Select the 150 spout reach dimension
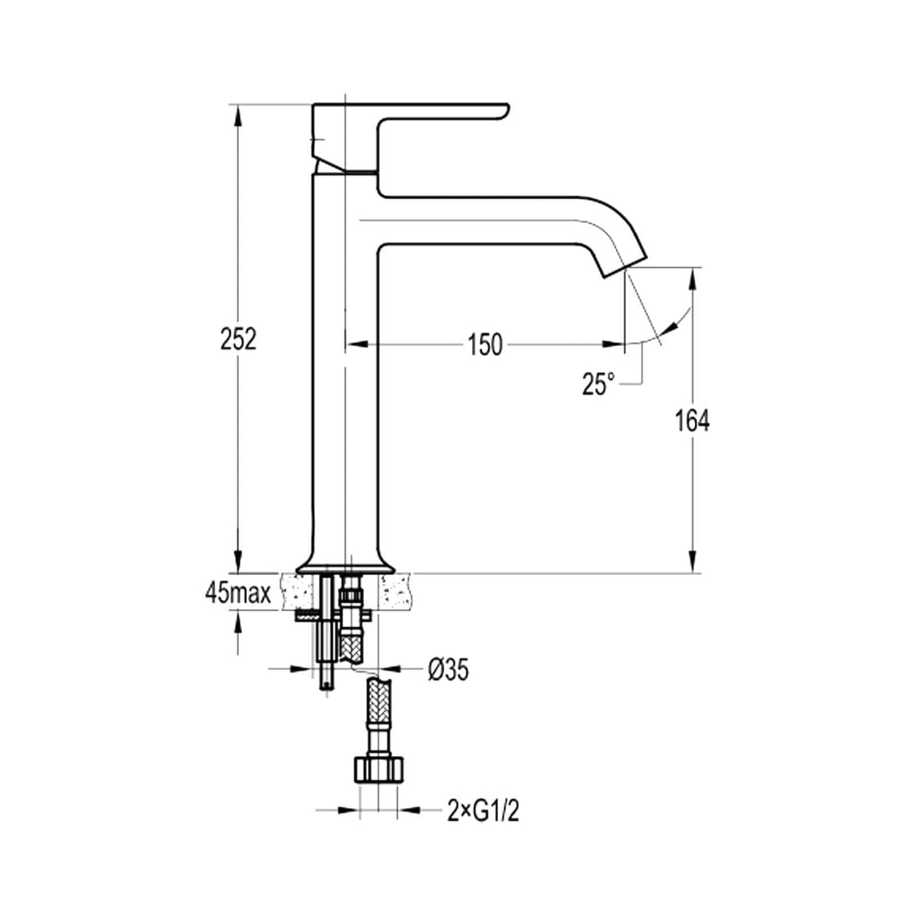[484, 344]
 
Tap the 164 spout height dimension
[691, 421]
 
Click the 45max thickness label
[237, 594]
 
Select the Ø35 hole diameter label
[448, 669]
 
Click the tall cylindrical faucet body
[345, 377]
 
